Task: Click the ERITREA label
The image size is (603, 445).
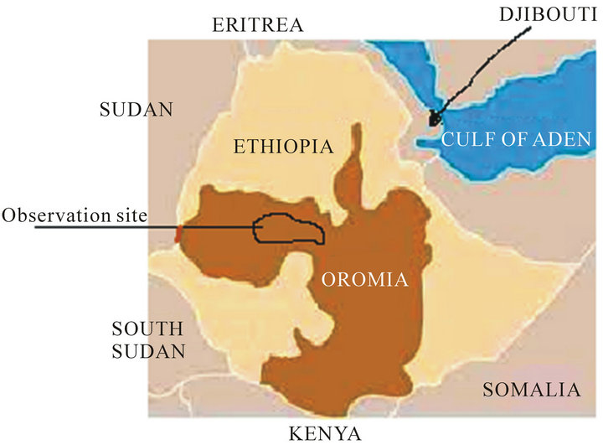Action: click(x=258, y=24)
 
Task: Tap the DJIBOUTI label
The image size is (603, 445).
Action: click(x=541, y=15)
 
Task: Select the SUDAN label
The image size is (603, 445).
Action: click(x=136, y=109)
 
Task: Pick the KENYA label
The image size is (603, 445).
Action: click(x=324, y=432)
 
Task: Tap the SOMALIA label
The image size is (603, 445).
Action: click(x=532, y=389)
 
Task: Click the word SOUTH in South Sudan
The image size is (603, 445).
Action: click(x=147, y=329)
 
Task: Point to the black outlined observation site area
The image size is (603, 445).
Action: click(x=290, y=228)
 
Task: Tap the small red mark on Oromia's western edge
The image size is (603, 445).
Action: click(x=177, y=233)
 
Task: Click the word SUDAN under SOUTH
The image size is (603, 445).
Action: click(x=147, y=351)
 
